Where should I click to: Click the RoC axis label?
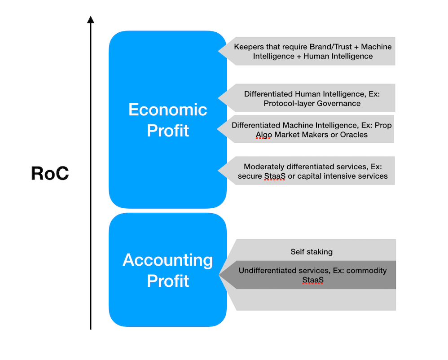(x=50, y=173)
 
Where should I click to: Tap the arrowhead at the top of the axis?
(x=91, y=19)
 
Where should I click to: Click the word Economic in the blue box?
(x=168, y=110)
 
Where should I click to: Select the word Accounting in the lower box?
(x=168, y=260)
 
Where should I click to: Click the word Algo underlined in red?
(x=264, y=135)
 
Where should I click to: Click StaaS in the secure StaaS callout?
(x=275, y=176)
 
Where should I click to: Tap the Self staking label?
(x=312, y=252)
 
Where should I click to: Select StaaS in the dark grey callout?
(x=313, y=280)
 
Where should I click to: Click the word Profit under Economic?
(x=168, y=131)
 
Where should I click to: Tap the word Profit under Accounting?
(x=168, y=281)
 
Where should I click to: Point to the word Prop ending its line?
(x=383, y=125)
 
